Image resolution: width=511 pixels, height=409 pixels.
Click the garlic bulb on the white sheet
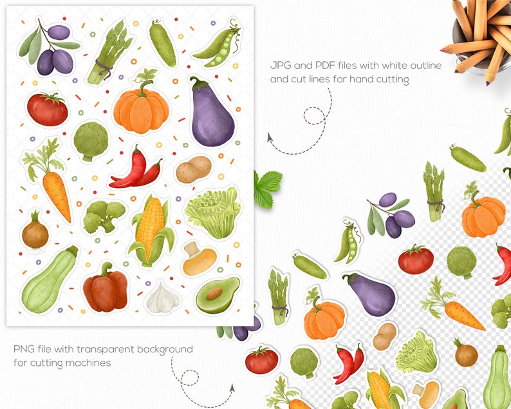point(158,297)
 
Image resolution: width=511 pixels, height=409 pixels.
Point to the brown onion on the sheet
point(35,234)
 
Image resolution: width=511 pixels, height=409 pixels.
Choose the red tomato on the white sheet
point(47,109)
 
